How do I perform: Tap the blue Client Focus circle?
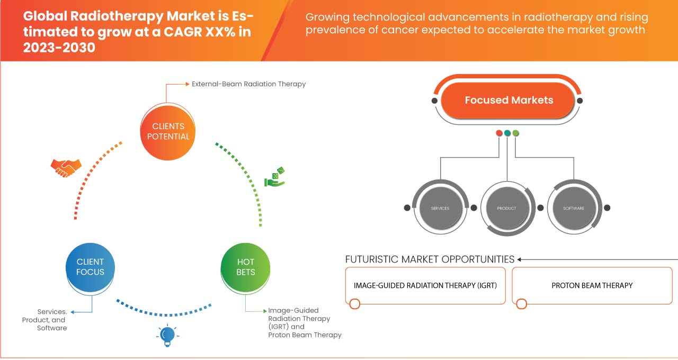91,267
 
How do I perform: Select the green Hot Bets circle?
245,267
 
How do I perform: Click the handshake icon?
66,167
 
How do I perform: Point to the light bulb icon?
167,335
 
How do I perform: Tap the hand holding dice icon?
275,177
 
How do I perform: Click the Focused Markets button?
508,100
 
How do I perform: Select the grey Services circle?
440,208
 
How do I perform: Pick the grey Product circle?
506,208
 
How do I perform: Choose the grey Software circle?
574,208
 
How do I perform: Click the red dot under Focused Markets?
499,133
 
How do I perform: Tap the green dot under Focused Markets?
516,133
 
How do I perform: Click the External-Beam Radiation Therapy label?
248,84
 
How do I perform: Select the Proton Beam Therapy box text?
592,285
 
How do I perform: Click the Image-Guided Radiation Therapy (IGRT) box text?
425,285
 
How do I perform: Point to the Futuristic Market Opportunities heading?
430,259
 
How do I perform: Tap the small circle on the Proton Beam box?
522,304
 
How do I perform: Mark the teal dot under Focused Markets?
507,133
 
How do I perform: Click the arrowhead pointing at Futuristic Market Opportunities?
520,259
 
